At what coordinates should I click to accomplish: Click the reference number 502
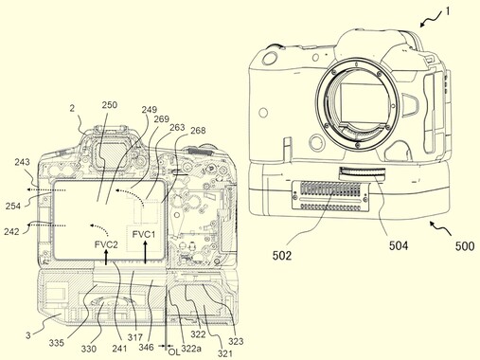[282, 256]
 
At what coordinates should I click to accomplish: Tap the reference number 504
[399, 245]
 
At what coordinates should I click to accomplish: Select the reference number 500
[465, 246]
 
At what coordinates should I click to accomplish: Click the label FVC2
[106, 244]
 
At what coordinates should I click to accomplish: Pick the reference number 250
[110, 105]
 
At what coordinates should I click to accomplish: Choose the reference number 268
[198, 131]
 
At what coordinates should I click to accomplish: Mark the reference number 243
[22, 162]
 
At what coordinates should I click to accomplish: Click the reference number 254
[13, 207]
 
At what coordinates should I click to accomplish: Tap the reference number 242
[11, 231]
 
